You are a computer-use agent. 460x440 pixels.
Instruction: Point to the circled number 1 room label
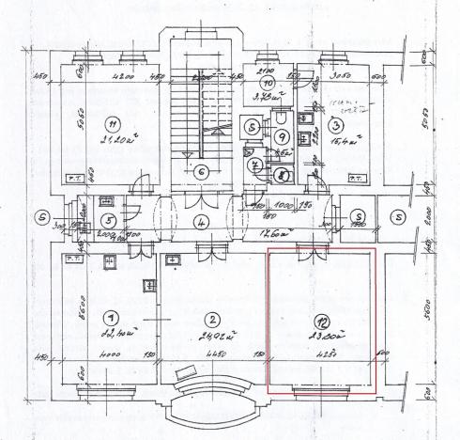pos(112,318)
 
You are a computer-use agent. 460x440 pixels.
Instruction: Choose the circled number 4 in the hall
pos(200,224)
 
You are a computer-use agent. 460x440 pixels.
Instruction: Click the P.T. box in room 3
pos(357,177)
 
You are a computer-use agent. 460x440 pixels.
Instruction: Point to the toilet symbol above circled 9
pos(283,118)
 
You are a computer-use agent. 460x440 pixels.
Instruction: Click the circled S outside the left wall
pos(40,215)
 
